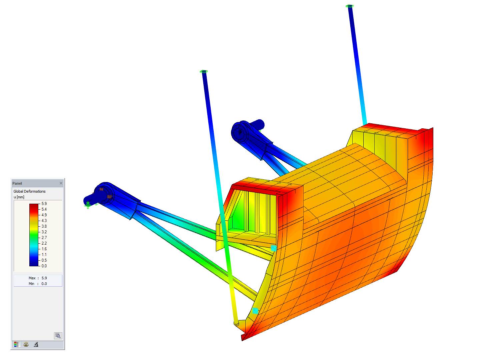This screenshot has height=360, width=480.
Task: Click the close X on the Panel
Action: pyautogui.click(x=61, y=183)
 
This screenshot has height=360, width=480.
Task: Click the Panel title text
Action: pyautogui.click(x=17, y=183)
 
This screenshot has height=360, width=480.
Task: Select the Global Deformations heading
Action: pyautogui.click(x=29, y=191)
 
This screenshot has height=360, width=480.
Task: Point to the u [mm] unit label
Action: pyautogui.click(x=19, y=197)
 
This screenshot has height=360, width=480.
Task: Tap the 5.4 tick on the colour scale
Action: pyautogui.click(x=44, y=209)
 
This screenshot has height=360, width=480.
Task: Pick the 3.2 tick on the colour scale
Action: pyautogui.click(x=44, y=232)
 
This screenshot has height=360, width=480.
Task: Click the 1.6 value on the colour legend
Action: pyautogui.click(x=44, y=249)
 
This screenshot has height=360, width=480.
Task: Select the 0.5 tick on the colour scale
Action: pyautogui.click(x=44, y=260)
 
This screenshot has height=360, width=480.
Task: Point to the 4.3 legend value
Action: pyautogui.click(x=44, y=221)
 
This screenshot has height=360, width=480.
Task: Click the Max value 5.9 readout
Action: pyautogui.click(x=44, y=278)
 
